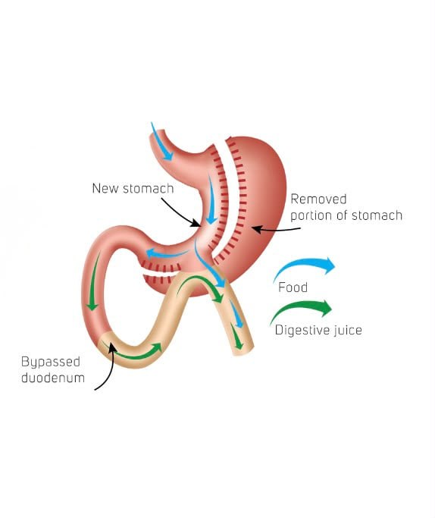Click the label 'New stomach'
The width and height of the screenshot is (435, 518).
pos(133,189)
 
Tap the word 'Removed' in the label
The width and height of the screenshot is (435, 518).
pos(318,199)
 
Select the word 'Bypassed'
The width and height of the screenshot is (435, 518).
pos(51,362)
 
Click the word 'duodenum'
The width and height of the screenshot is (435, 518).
pos(53,378)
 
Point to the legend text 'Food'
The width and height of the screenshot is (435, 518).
pos(293,287)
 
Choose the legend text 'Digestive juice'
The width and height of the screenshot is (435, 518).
pos(318,330)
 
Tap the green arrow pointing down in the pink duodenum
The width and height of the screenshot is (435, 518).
pos(94,281)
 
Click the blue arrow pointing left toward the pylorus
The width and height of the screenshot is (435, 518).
pos(167,254)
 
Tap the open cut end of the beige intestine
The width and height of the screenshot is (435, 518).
pos(244,351)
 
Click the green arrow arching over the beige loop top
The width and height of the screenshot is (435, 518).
pos(199,280)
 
